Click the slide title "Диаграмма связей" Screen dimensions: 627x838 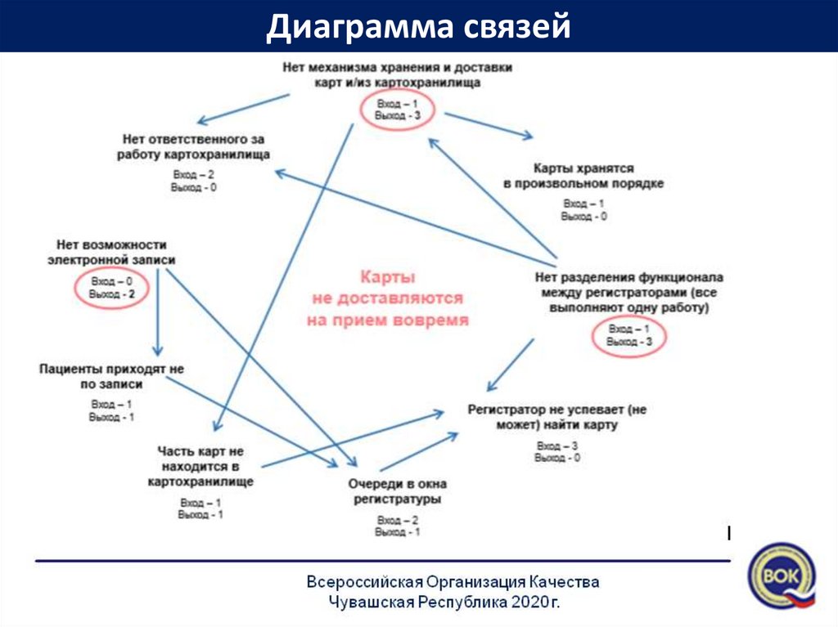click(417, 27)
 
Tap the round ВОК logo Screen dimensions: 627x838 click(782, 575)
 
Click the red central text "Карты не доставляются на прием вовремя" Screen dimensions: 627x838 click(388, 299)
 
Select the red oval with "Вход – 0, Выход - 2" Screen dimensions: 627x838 click(111, 288)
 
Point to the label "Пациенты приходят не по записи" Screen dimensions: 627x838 click(112, 376)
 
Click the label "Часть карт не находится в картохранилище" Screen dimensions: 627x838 click(200, 466)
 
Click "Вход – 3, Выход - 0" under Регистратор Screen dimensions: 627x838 click(557, 452)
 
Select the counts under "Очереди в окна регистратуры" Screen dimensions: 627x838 click(397, 526)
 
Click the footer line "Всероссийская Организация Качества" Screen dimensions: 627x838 click(453, 582)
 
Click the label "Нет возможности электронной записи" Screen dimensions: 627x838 click(112, 252)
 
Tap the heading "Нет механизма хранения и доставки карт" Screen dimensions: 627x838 click(397, 75)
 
